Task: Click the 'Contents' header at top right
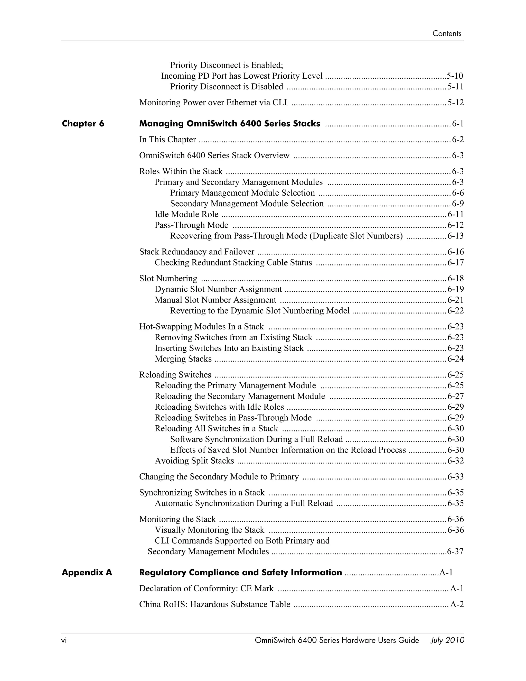point(447,34)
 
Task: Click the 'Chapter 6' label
point(83,124)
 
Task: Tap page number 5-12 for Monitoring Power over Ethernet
point(455,103)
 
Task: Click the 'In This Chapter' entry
point(167,140)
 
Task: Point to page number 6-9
point(457,204)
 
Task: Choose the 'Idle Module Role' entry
point(186,215)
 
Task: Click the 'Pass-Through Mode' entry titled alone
point(191,225)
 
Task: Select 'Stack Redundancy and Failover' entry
point(197,252)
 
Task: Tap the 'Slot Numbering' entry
point(168,279)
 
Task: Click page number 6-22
point(455,311)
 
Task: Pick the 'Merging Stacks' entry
point(183,359)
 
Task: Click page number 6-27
point(455,396)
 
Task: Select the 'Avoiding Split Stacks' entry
point(194,461)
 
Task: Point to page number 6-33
point(455,477)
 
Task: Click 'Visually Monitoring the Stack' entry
point(209,530)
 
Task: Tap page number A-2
point(457,605)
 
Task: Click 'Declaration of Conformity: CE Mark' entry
point(206,589)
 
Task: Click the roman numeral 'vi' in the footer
point(64,640)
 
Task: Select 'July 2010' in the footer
point(447,640)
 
